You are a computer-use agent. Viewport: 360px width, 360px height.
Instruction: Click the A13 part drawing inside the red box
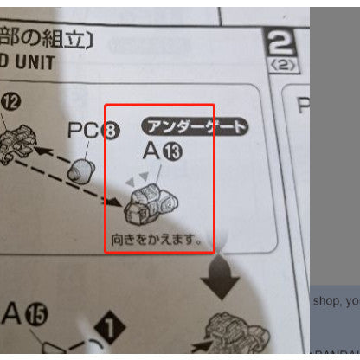(x=153, y=204)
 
